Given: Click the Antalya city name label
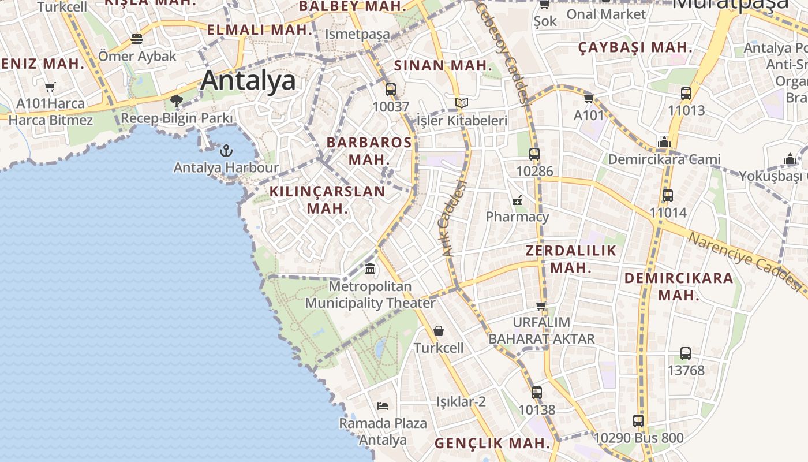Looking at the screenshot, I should (248, 81).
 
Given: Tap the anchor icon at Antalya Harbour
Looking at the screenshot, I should (226, 151).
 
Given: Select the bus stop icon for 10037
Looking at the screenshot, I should (391, 90).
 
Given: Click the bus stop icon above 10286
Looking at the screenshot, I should (534, 154).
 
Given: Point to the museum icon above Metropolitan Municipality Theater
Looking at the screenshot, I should (370, 269).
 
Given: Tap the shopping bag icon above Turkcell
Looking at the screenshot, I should (439, 331).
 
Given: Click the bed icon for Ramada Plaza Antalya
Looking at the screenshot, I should (382, 405).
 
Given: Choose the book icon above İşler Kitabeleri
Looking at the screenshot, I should (461, 103).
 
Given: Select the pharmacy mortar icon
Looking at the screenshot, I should (517, 200).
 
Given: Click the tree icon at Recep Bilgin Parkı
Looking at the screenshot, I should (176, 102).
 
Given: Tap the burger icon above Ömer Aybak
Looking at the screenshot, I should (137, 39).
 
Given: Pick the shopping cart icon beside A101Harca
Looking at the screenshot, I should (50, 87).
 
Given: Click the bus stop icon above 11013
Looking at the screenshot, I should (686, 93).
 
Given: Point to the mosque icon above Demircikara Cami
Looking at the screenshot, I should (664, 142).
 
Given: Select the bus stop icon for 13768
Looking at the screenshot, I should (686, 353).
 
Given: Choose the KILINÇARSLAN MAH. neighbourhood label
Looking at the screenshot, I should (327, 199).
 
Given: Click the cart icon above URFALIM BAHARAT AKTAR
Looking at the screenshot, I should (541, 305).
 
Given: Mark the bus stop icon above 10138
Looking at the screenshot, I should (537, 393).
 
